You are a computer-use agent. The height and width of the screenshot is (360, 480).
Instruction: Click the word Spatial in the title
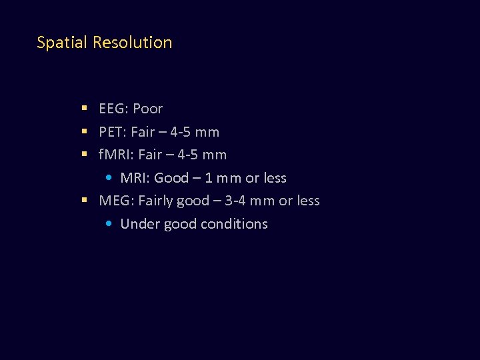click(63, 43)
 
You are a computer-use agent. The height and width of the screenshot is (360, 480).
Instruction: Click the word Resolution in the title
click(133, 43)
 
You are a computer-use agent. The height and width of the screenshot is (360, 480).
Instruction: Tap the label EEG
click(112, 109)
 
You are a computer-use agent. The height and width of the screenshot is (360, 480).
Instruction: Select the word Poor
click(147, 109)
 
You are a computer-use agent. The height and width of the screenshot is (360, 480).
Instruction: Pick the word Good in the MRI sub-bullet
click(171, 178)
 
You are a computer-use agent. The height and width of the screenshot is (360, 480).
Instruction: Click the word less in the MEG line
click(307, 201)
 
